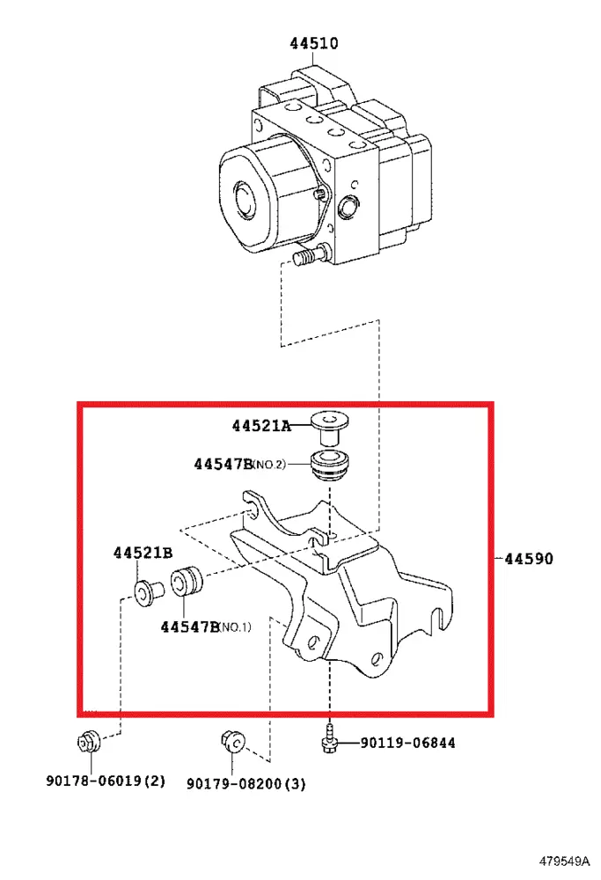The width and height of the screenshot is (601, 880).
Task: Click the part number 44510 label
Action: tap(313, 43)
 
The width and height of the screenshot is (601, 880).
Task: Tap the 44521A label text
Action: tap(261, 426)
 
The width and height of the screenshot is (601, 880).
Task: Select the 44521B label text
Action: tap(143, 553)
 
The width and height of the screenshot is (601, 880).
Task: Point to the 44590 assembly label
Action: tap(529, 559)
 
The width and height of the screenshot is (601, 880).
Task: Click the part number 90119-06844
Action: tap(407, 743)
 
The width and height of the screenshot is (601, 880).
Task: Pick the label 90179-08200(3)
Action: tap(246, 783)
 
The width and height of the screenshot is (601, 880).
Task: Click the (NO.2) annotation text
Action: tap(268, 464)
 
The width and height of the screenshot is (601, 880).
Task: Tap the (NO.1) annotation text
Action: tap(235, 627)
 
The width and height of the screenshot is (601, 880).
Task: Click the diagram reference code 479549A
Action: tap(565, 861)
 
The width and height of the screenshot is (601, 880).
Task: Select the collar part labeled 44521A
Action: tap(329, 428)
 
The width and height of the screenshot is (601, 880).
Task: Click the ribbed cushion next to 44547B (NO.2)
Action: tap(331, 465)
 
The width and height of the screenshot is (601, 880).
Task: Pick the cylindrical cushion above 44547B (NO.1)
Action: tap(186, 581)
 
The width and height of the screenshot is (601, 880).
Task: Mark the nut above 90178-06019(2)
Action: tap(89, 742)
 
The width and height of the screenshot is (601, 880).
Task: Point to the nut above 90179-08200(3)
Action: tap(232, 743)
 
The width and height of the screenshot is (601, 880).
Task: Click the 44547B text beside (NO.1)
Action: tap(190, 627)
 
